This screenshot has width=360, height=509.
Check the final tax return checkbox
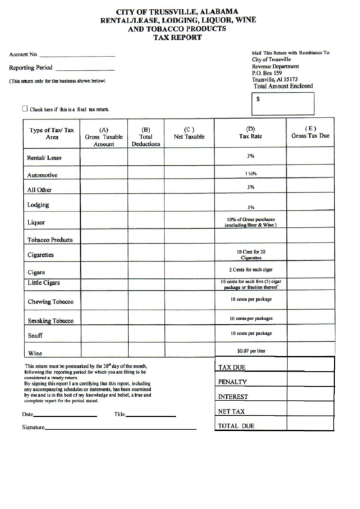pos(26,108)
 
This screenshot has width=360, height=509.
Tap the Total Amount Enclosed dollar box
pos(283,104)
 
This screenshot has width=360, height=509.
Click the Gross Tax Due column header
pos(310,133)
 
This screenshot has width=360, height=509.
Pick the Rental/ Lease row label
pos(44,158)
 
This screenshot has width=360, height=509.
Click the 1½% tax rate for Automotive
pos(251,174)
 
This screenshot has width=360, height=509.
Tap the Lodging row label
pos(37,205)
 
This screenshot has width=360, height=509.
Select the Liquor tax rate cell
pos(251,222)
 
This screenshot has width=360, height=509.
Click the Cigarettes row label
pos(41,256)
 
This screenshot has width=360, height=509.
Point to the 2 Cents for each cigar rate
pos(251,270)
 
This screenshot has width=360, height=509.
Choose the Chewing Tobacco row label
pos(50,301)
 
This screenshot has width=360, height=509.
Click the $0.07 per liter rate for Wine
pos(251,351)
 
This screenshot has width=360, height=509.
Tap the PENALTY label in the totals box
pos(232,382)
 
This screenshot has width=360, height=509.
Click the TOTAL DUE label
pos(236,426)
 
